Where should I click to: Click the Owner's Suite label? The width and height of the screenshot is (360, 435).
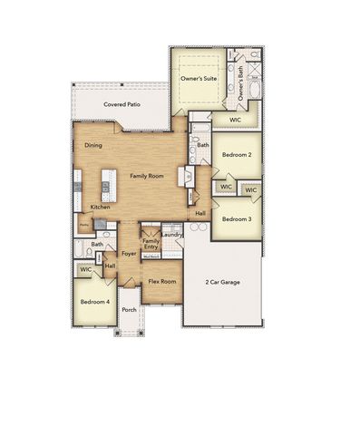click(x=198, y=80)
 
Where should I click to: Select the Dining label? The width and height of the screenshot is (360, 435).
click(x=93, y=145)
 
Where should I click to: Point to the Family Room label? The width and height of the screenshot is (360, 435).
click(x=146, y=175)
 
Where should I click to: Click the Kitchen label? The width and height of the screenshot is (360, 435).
click(x=100, y=208)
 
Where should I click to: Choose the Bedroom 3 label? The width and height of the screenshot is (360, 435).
click(x=237, y=218)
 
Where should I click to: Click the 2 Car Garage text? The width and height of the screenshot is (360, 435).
click(x=224, y=283)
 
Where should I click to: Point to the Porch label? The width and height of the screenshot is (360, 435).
click(x=129, y=309)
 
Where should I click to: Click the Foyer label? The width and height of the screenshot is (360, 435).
click(x=130, y=254)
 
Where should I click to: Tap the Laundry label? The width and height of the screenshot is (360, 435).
click(x=173, y=235)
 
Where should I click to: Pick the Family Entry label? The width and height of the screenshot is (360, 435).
click(x=151, y=245)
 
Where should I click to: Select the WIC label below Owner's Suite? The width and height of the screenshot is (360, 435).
click(x=234, y=120)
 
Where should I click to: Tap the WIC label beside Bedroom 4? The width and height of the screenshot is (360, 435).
click(x=85, y=269)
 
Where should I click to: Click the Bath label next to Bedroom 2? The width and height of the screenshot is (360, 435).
click(x=203, y=145)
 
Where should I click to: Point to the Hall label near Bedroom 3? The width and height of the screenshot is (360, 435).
click(x=200, y=213)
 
